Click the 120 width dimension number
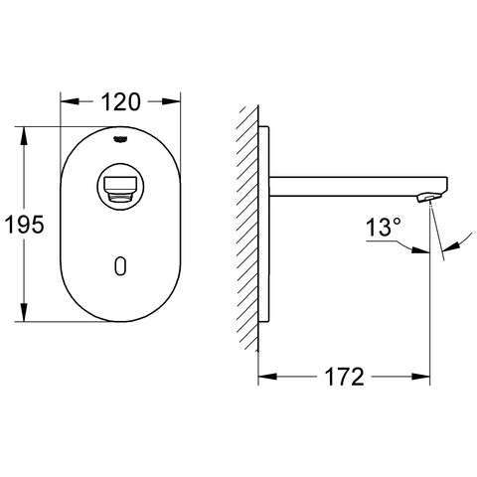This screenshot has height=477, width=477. (x=120, y=102)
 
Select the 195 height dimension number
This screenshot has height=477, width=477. (x=24, y=225)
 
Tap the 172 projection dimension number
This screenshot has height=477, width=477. (x=345, y=377)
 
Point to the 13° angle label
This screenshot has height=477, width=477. (x=384, y=227)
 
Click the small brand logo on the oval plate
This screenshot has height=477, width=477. (x=120, y=139)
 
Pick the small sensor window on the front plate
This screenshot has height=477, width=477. (x=120, y=266)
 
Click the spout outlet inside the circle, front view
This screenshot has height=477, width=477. (x=120, y=188)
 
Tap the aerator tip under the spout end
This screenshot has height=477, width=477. (x=428, y=198)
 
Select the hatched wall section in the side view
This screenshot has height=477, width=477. (x=247, y=229)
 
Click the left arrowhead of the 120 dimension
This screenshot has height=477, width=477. (x=70, y=101)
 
